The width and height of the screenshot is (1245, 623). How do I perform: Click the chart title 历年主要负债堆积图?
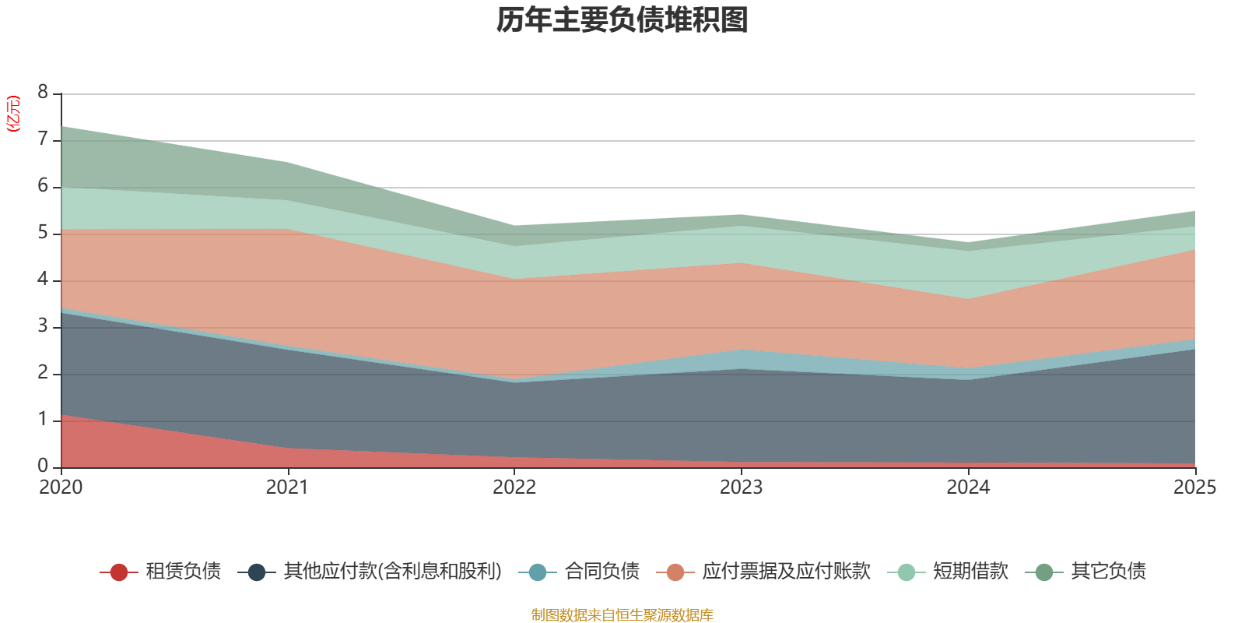point(622,21)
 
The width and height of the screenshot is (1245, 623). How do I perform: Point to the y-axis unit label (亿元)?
point(13,114)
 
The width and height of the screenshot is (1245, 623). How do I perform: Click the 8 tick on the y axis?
point(43,93)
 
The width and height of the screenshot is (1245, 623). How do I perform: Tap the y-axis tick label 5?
point(43,233)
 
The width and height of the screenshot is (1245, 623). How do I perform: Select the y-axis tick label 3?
point(43,326)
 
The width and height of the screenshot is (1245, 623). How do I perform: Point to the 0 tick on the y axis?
point(43,466)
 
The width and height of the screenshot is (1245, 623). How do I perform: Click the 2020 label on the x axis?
point(61,487)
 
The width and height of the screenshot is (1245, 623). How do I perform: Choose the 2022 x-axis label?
point(514,487)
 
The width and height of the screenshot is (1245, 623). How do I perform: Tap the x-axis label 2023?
point(741,487)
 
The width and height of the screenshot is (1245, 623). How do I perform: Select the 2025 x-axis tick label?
point(1194,487)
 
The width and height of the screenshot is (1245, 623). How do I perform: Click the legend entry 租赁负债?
point(183,572)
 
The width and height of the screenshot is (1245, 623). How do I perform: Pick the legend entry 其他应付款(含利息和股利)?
point(392,572)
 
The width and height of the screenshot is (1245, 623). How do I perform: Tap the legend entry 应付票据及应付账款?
point(786,572)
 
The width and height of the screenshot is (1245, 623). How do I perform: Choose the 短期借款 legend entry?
point(970,572)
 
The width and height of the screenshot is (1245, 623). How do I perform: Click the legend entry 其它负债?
point(1108,572)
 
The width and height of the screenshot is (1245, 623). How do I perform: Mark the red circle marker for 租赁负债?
point(119,572)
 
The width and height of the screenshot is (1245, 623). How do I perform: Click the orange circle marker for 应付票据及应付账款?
point(675,572)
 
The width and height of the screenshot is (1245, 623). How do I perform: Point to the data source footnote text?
point(622,615)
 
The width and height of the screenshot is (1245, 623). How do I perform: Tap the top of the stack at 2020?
point(61,126)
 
